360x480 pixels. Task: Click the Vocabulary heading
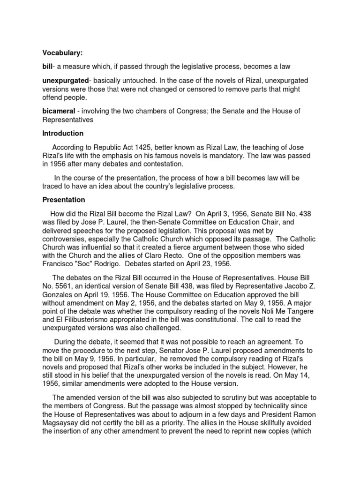pos(62,53)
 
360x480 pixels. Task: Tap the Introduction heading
pos(63,133)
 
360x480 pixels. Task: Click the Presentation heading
pos(64,200)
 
